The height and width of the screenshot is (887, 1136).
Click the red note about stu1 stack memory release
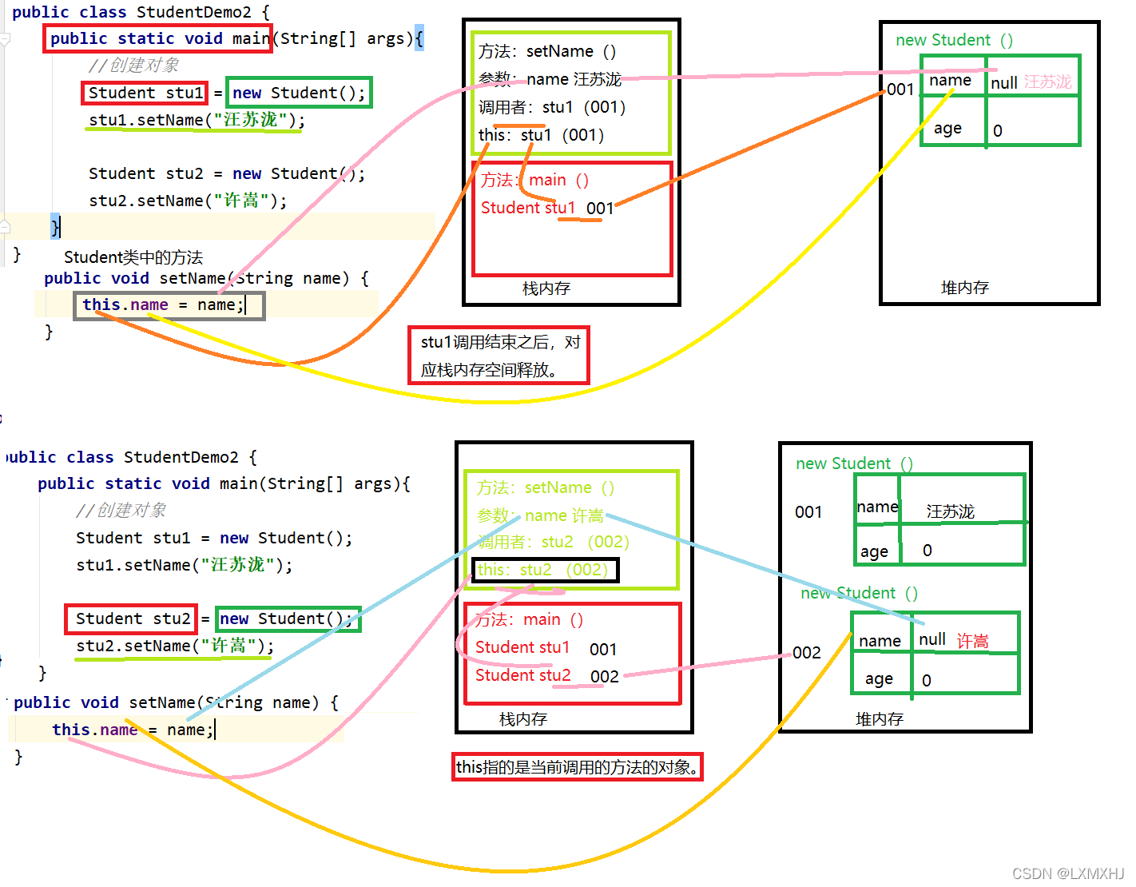(x=499, y=356)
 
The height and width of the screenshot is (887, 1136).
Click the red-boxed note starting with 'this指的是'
(x=577, y=767)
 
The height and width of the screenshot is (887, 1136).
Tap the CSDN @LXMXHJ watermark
(x=1067, y=873)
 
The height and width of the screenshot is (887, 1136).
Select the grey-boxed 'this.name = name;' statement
(x=169, y=305)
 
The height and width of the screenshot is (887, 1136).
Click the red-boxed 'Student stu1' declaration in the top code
(x=145, y=93)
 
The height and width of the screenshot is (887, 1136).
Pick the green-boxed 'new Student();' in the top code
(x=299, y=93)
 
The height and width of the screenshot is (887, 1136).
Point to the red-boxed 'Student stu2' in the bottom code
(x=131, y=619)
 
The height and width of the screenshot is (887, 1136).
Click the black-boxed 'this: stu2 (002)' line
(x=545, y=570)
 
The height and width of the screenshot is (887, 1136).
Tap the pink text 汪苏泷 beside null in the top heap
(x=1047, y=82)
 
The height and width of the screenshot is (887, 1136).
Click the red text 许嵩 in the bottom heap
(x=972, y=641)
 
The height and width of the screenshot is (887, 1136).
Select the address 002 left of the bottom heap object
(x=807, y=653)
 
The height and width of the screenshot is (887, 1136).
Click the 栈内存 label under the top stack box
(x=546, y=288)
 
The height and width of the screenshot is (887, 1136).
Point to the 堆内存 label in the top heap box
(x=965, y=288)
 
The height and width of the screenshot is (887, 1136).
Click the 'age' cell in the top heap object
(x=948, y=129)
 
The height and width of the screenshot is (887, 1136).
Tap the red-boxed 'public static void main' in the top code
(x=158, y=38)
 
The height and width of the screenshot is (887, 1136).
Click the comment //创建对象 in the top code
(x=133, y=66)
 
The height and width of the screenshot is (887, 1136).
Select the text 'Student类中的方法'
(x=133, y=257)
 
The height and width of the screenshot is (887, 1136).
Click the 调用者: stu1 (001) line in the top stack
(x=552, y=107)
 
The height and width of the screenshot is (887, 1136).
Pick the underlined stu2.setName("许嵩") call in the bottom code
(x=174, y=646)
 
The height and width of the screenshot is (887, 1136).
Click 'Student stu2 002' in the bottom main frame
(x=547, y=676)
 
